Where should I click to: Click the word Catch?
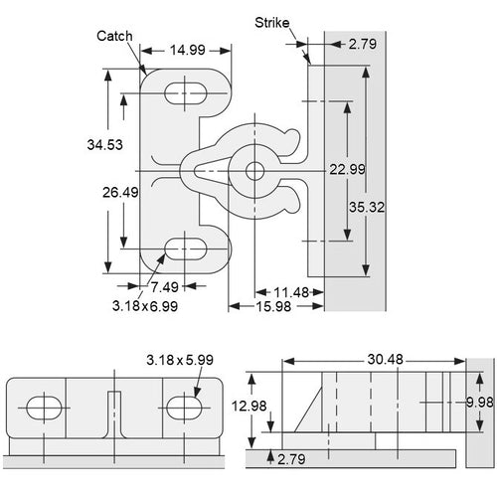(x=115, y=36)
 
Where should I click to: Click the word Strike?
(x=271, y=21)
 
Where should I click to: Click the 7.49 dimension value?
(x=167, y=288)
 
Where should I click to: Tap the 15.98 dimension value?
(x=272, y=307)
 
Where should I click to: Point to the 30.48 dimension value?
(x=378, y=358)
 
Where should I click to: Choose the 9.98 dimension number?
(x=481, y=402)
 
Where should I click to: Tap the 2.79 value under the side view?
(x=292, y=459)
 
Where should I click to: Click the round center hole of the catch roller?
(x=254, y=170)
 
